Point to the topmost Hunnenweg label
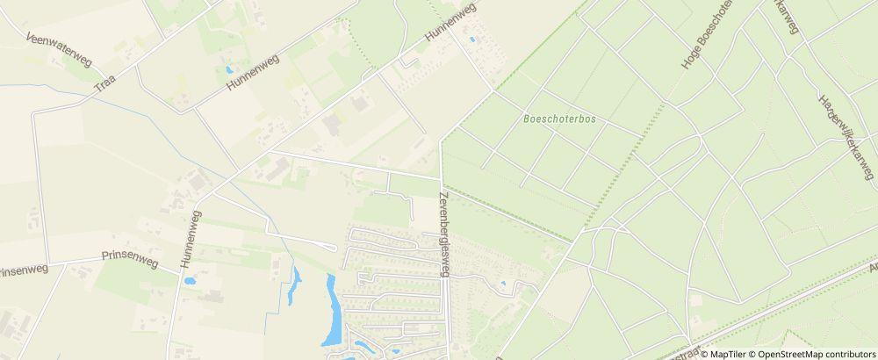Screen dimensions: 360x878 (x=450, y=22)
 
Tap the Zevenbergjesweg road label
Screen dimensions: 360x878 (x=444, y=234)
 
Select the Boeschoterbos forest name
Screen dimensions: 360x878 (x=559, y=120)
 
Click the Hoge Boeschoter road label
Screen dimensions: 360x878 (x=707, y=35)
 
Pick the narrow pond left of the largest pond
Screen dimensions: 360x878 (x=293, y=286)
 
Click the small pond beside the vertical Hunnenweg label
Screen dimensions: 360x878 (x=189, y=282)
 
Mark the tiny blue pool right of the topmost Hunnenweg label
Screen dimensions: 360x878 (x=473, y=40)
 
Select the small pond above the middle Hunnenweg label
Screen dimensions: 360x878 (x=229, y=68)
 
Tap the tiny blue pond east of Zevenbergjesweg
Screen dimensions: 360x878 (x=502, y=284)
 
